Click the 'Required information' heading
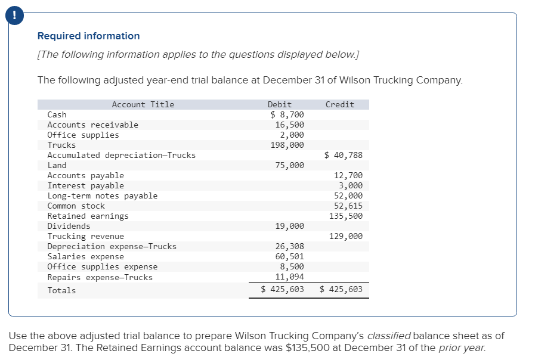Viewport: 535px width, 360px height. click(88, 36)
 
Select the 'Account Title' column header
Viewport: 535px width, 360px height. click(143, 104)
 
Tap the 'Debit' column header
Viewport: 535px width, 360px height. click(280, 104)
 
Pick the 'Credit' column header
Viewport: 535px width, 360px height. click(340, 104)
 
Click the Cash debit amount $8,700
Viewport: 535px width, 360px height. click(287, 114)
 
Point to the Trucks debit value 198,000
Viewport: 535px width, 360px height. click(287, 145)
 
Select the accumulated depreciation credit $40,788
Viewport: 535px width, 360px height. click(344, 155)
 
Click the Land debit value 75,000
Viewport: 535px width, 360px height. click(289, 165)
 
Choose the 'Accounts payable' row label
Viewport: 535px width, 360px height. click(86, 175)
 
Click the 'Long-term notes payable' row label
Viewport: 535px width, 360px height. click(103, 195)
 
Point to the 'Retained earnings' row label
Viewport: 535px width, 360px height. click(88, 216)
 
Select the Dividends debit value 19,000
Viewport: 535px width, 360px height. click(289, 226)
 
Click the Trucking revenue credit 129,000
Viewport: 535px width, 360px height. click(345, 236)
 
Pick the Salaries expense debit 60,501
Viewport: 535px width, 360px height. click(289, 256)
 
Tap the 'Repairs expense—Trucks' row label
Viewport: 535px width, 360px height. click(100, 277)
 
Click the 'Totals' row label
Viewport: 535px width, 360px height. click(61, 290)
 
